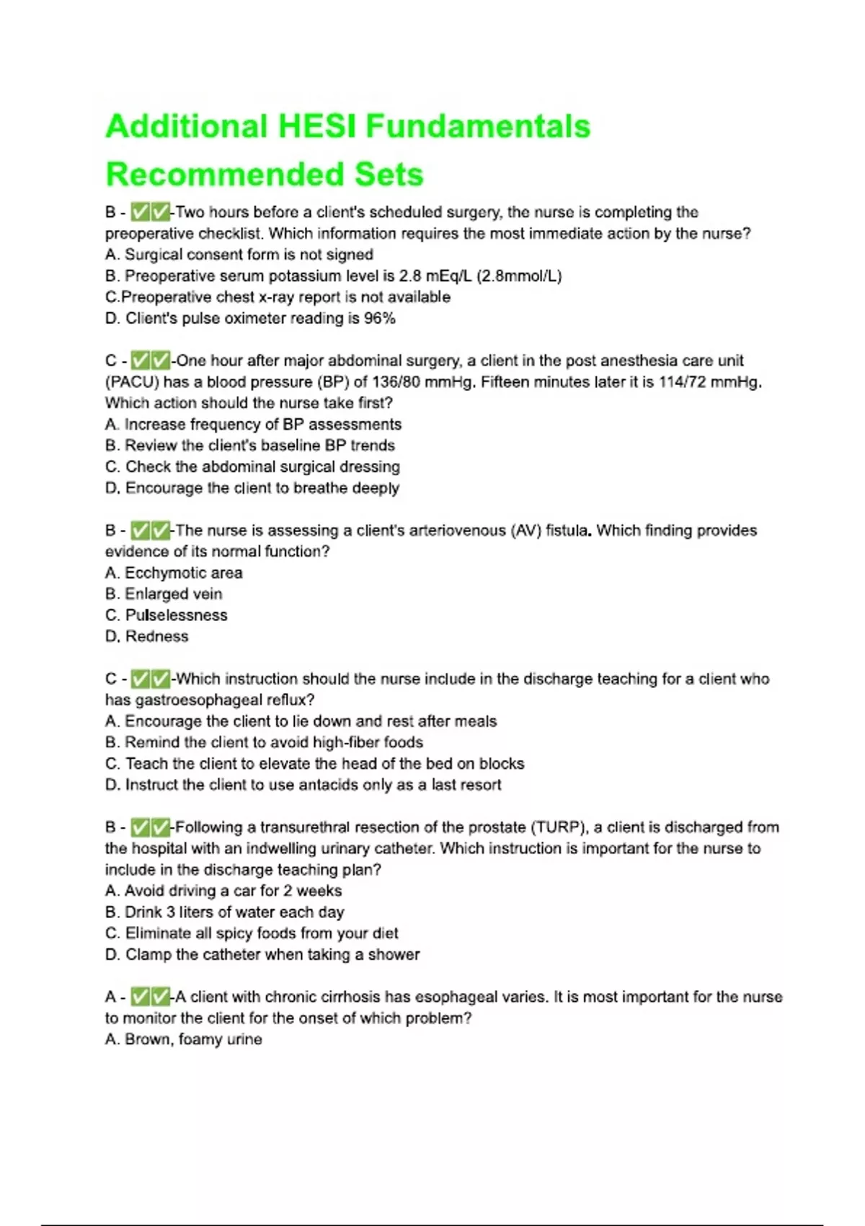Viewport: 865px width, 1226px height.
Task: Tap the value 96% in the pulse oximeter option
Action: point(380,319)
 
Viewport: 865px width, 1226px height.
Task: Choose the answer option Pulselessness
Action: point(176,615)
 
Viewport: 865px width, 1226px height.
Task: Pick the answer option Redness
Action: point(156,637)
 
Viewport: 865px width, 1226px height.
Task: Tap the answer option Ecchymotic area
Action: point(183,573)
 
